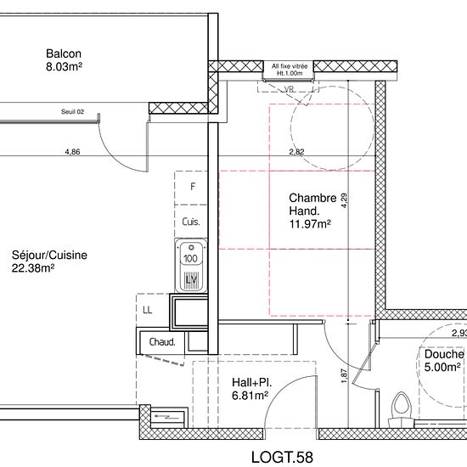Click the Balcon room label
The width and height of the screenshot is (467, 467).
pos(64,53)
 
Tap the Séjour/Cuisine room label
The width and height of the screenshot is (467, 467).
pos(49,255)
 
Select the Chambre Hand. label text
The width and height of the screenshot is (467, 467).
pos(312,205)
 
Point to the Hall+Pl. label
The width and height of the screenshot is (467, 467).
pos(252,382)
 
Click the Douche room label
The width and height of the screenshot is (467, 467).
pos(444,354)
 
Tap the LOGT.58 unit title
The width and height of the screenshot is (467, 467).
pos(283,457)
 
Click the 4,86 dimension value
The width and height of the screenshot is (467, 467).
pos(73,152)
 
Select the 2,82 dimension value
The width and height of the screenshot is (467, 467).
pos(296,152)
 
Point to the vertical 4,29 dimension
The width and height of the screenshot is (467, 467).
pos(344,200)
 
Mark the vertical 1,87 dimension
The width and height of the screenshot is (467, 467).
pos(344,376)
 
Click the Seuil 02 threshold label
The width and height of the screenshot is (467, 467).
pos(73,112)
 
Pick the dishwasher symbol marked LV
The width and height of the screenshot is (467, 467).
pos(191,279)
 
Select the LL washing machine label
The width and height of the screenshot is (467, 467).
pos(148,310)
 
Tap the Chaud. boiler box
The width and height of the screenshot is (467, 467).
pos(162,342)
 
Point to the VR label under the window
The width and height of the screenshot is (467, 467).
pos(290,89)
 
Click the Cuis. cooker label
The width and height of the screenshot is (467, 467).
pos(191,222)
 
